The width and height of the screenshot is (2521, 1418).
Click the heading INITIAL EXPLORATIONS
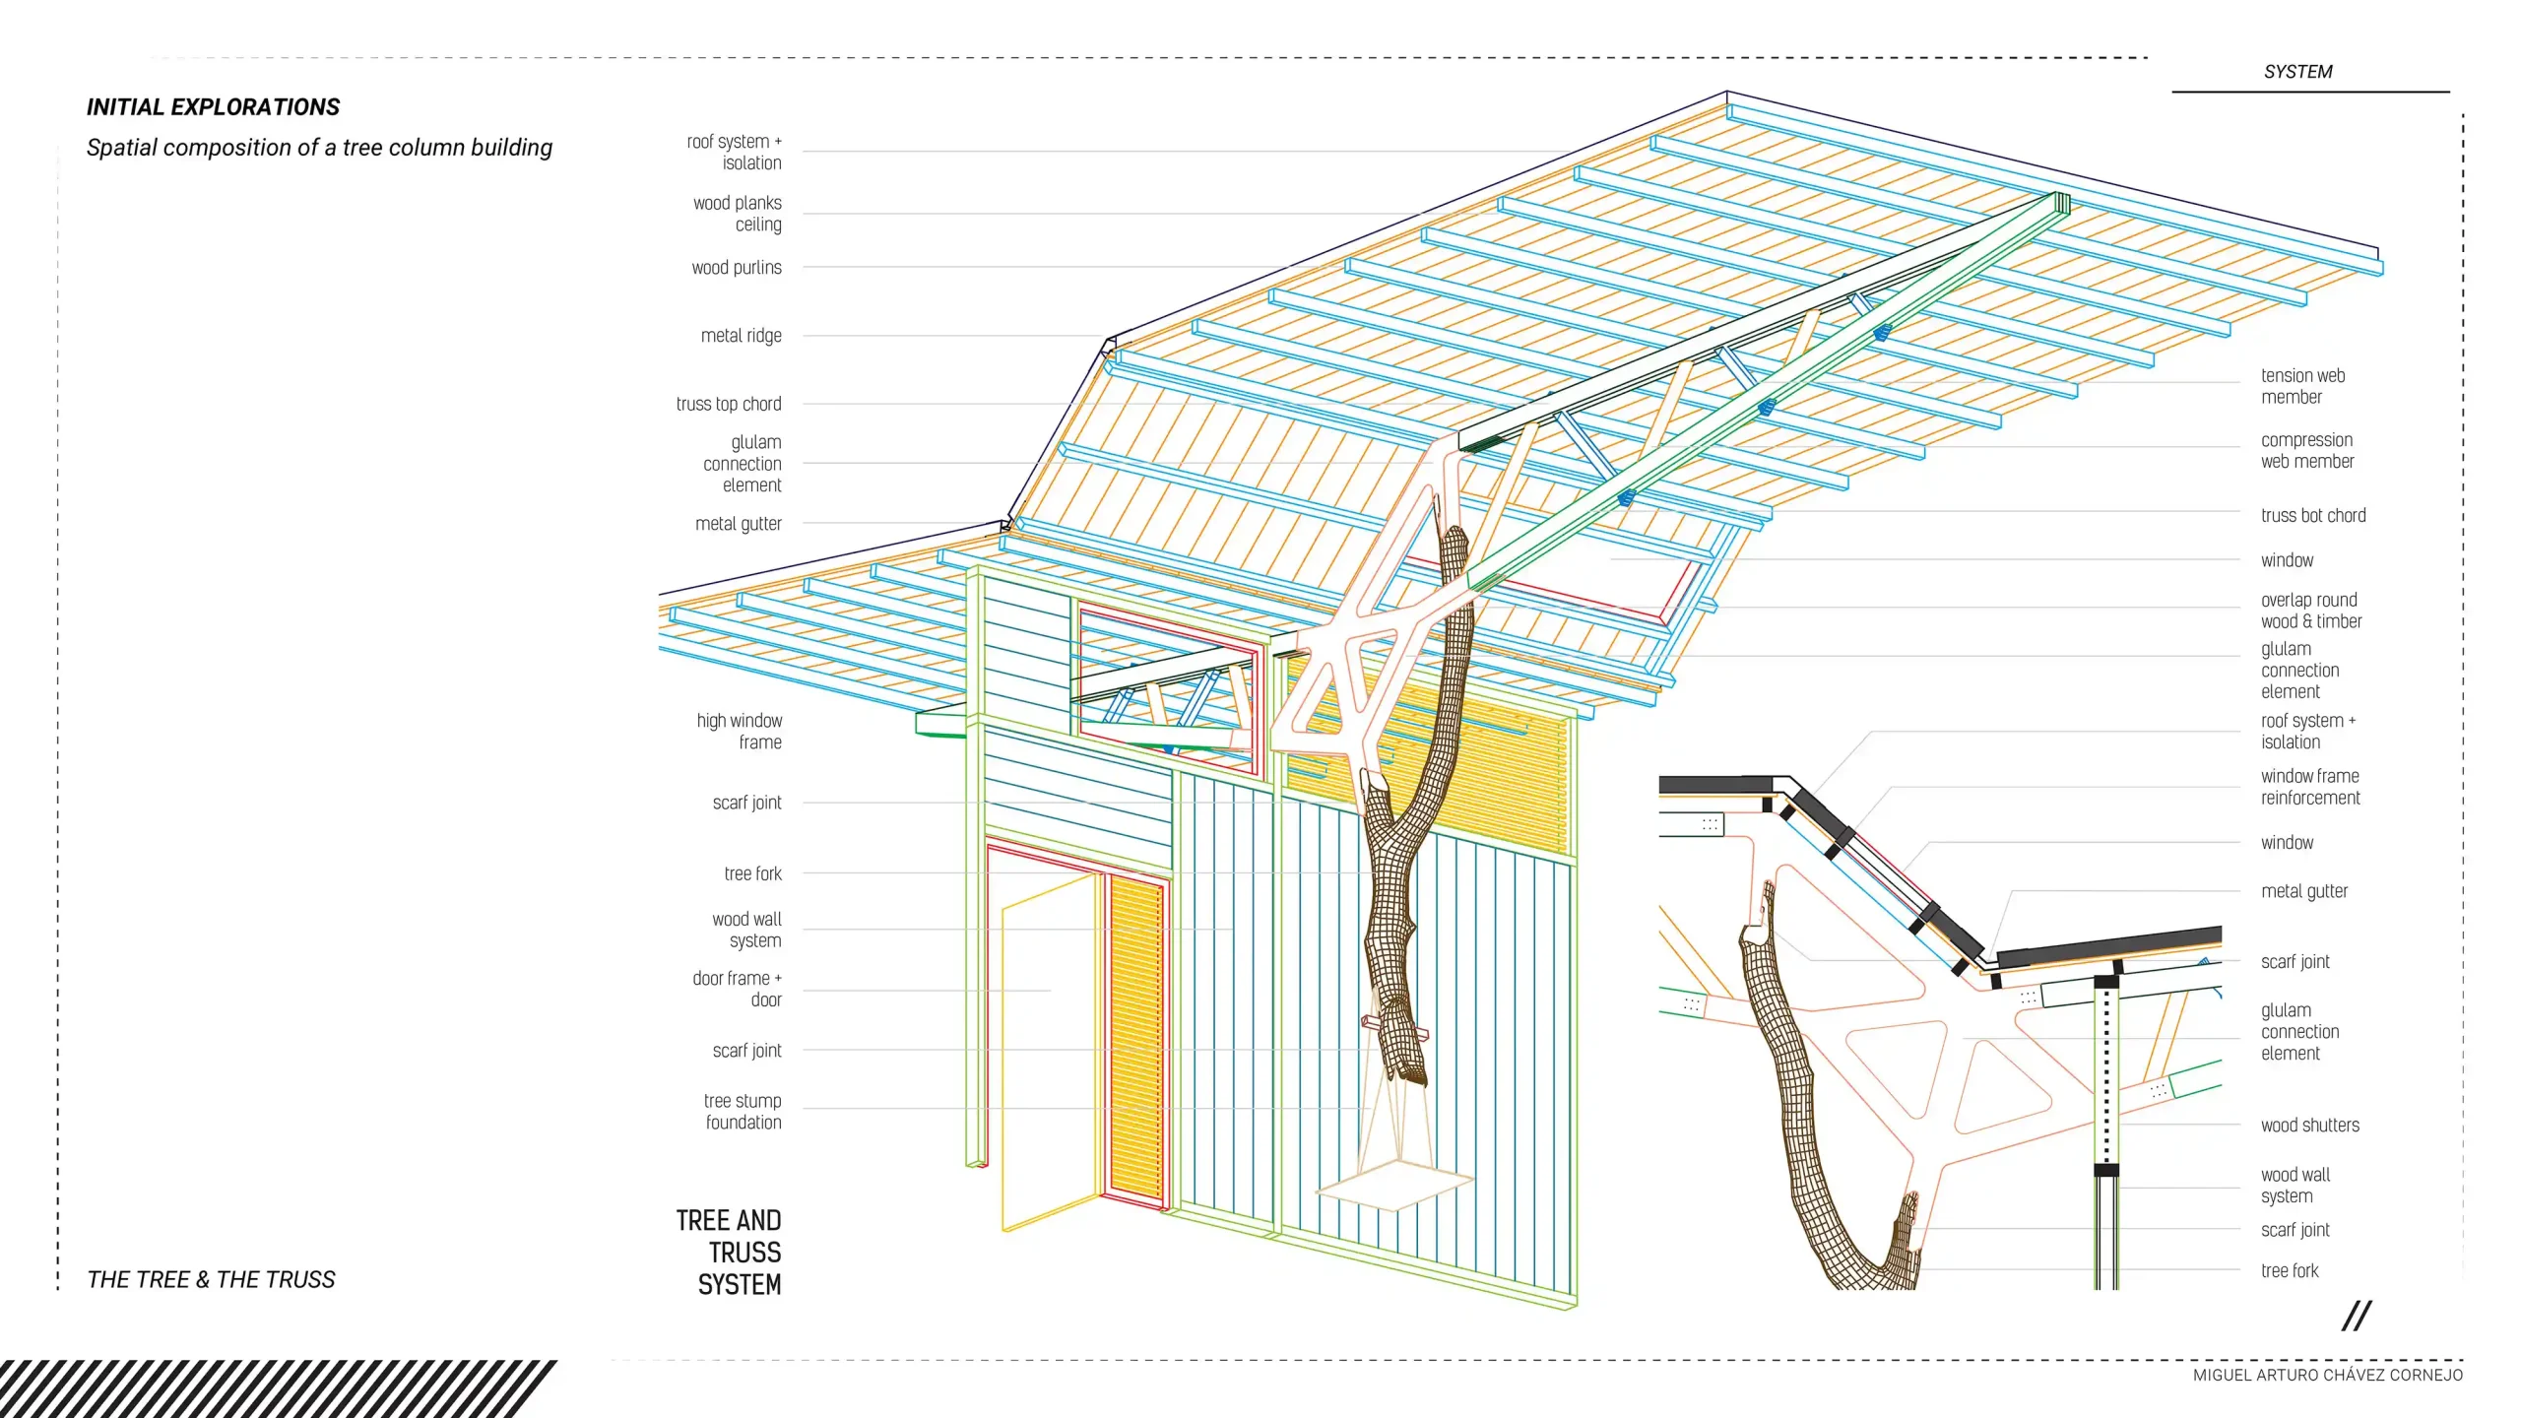[x=213, y=107]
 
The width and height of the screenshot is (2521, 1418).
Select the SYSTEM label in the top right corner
[x=2297, y=72]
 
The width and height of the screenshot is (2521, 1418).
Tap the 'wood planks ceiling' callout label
[x=738, y=214]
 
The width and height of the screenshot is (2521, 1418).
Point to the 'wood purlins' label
[x=737, y=268]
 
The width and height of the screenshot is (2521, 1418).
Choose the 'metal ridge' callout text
[x=742, y=336]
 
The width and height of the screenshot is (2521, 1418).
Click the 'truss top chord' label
[x=729, y=404]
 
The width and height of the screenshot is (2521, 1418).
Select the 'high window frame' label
[x=740, y=732]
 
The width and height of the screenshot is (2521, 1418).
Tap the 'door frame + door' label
[x=738, y=989]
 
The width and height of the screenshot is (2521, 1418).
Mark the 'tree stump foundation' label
[x=743, y=1112]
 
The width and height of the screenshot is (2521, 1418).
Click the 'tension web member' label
[x=2302, y=386]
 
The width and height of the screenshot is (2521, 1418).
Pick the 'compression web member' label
[x=2307, y=450]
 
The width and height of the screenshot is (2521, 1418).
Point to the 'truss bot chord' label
[x=2313, y=516]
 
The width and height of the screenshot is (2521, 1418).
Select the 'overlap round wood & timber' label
[x=2311, y=611]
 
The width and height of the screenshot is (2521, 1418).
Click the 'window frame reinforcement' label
[x=2310, y=787]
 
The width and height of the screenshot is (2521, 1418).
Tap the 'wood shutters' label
[x=2310, y=1126]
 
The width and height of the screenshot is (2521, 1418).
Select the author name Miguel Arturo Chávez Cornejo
[x=2328, y=1375]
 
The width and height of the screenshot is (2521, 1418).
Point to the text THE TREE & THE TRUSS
[x=211, y=1279]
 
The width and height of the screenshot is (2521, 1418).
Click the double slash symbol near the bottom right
[x=2357, y=1316]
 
